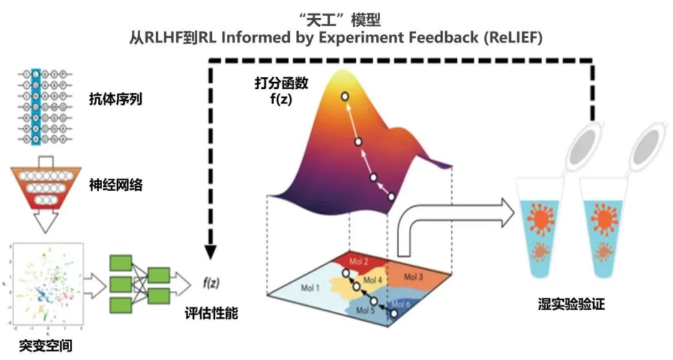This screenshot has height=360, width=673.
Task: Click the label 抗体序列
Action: click(116, 98)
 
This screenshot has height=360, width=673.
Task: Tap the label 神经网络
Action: click(116, 184)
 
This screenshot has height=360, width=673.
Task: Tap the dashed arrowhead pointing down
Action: click(211, 250)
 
